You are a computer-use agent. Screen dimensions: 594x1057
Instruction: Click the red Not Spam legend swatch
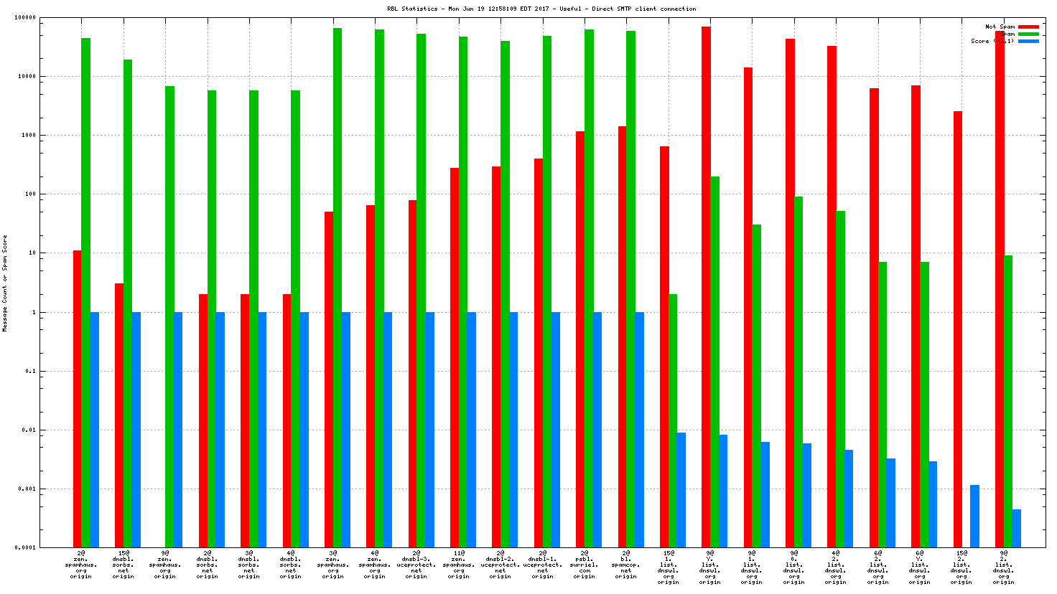[x=1028, y=27]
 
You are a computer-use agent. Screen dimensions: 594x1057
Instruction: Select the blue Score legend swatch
[x=1028, y=41]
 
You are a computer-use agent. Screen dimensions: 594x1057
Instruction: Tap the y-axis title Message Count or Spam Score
[x=5, y=283]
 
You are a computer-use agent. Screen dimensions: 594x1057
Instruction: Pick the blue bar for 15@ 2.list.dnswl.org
[x=974, y=516]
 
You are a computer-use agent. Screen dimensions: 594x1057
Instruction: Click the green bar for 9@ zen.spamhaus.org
[x=169, y=316]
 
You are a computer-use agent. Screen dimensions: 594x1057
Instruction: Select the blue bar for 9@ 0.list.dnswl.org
[x=807, y=495]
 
